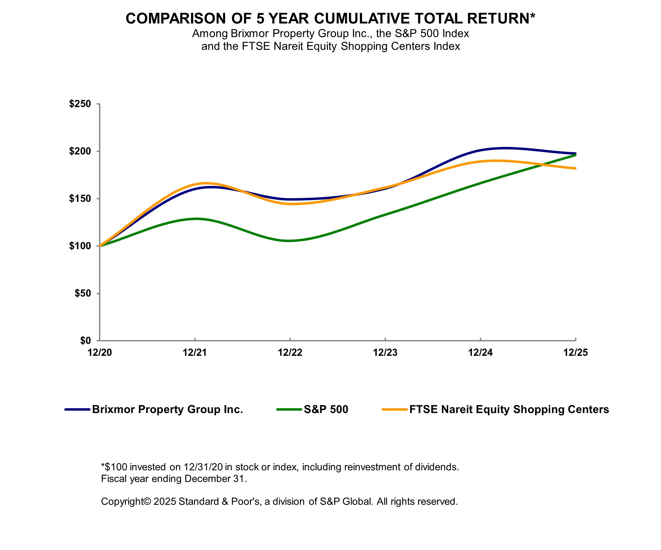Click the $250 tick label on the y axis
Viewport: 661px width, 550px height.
80,104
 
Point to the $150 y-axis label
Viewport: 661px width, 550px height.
80,199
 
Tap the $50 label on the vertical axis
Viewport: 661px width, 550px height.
82,293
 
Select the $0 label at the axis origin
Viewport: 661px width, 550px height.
85,340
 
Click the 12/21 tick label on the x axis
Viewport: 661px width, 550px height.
195,352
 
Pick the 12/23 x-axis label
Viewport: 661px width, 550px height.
385,352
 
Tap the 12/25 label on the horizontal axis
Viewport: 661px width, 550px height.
575,352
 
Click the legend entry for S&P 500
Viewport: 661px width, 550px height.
326,409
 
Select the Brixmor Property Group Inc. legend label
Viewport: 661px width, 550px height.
167,409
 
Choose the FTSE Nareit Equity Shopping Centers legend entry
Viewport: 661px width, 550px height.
509,409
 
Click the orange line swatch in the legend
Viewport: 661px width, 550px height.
395,409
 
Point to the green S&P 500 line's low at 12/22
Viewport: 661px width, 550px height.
290,241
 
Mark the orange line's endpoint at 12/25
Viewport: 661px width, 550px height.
575,168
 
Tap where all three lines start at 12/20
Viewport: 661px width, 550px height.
100,246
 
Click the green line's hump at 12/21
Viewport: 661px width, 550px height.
196,218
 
